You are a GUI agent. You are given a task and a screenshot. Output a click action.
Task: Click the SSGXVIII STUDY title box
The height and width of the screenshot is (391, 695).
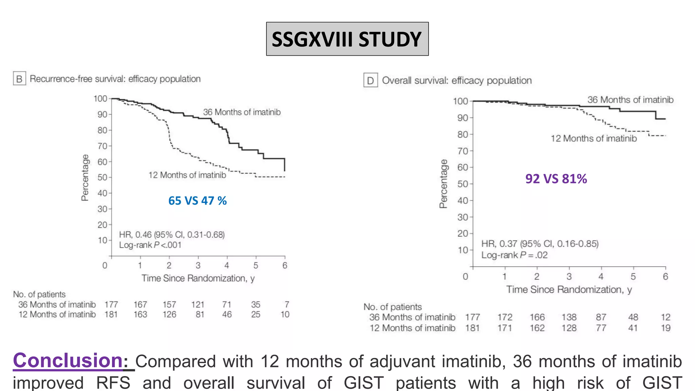(347, 39)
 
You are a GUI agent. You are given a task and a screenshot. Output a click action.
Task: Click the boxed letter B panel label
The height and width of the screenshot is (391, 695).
(19, 79)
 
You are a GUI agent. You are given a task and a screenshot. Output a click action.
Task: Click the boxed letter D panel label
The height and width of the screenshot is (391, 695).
(370, 80)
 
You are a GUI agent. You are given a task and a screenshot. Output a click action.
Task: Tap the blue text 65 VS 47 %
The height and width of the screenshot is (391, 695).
(197, 201)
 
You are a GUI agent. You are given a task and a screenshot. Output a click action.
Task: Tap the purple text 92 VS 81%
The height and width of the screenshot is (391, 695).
(556, 179)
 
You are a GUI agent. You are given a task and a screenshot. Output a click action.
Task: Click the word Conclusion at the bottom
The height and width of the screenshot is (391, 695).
(68, 360)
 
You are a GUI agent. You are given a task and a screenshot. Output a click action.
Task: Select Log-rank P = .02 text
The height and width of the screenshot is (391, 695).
(514, 255)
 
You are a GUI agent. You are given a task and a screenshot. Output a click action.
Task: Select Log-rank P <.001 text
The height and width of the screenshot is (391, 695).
(150, 245)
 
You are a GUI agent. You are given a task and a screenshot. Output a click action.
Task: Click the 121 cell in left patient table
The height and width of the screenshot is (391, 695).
(198, 304)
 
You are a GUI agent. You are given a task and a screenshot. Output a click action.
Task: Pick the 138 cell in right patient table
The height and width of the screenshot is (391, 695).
(569, 317)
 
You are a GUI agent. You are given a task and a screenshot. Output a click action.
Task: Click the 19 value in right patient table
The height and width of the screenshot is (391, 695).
(665, 328)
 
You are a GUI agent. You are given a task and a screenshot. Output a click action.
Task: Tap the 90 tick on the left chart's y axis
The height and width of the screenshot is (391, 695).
(102, 114)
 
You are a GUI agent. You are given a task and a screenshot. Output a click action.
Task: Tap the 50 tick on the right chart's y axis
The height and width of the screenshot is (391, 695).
(463, 184)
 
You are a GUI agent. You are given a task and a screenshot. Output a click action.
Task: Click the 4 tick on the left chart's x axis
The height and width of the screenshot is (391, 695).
(227, 265)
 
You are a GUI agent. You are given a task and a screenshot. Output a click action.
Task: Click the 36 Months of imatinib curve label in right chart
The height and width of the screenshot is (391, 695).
(630, 100)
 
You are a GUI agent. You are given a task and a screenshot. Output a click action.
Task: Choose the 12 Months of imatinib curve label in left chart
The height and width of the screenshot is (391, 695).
(187, 175)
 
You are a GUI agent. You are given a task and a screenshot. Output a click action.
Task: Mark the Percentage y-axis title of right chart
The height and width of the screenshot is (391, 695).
(443, 184)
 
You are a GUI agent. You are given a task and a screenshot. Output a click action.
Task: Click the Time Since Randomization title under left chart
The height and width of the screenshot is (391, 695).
(198, 278)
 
